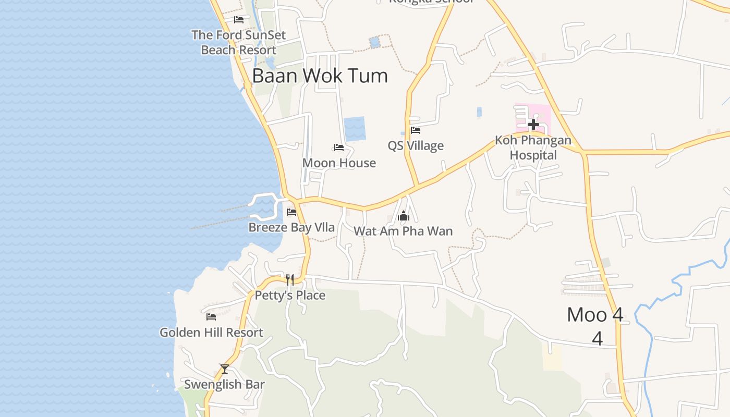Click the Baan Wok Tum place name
point(320,76)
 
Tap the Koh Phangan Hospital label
point(533,148)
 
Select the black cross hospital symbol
point(533,125)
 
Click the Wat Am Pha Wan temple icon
point(403,216)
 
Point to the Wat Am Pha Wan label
point(403,231)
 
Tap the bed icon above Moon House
point(339,148)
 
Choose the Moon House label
point(339,163)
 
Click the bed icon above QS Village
point(416,130)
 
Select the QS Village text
point(416,146)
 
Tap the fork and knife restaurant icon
point(290,280)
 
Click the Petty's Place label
point(290,296)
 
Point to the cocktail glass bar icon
point(224,369)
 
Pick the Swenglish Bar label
point(224,385)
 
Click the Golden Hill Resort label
point(211,333)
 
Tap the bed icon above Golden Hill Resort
point(211,316)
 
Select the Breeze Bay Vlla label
point(291,227)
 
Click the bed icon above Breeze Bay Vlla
point(291,212)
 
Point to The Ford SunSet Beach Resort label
point(238,43)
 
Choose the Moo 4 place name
point(595,315)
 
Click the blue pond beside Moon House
point(355,129)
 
